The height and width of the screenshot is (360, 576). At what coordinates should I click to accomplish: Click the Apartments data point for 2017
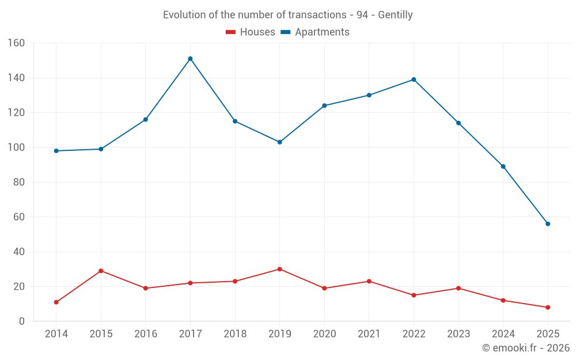coord(190,59)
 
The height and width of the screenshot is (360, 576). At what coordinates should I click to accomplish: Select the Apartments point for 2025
coord(548,224)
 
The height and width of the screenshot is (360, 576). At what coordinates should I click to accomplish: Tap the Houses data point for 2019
coord(279,269)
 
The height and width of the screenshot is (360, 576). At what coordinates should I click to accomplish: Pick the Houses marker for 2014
coord(56,302)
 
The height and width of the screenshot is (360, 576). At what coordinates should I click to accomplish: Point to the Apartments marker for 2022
coord(414,79)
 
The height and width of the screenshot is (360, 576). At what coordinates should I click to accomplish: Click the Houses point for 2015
coord(101,271)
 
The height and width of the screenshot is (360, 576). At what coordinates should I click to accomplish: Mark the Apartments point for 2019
coord(279,142)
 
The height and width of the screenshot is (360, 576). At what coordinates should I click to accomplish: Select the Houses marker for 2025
coord(548,308)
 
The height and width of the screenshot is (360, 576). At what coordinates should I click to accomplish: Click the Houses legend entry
coord(251,32)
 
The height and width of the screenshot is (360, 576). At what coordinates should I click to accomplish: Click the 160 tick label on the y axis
coord(17,43)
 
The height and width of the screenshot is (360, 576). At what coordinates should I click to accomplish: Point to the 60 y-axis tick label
coord(19,217)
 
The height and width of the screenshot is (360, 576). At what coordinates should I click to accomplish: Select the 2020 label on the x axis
coord(324,334)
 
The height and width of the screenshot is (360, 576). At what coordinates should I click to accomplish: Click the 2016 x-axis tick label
coord(145,334)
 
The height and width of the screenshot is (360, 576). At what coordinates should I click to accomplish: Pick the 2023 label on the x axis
coord(458,334)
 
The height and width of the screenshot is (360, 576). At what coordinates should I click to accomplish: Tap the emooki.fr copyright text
coord(526,348)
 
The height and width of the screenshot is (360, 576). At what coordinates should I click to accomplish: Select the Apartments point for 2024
coord(503,166)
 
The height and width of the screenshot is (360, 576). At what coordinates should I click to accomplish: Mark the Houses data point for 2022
coord(414,295)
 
